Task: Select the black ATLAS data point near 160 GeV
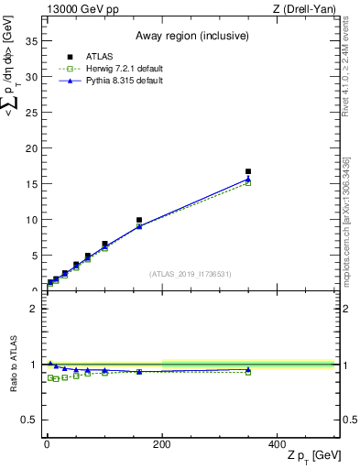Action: pos(139,220)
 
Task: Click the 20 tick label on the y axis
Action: pos(34,148)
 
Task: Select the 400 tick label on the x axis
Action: pos(278,443)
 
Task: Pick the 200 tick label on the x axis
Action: pos(162,443)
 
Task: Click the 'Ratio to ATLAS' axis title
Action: pos(12,364)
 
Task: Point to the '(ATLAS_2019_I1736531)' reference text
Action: pos(191,274)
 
